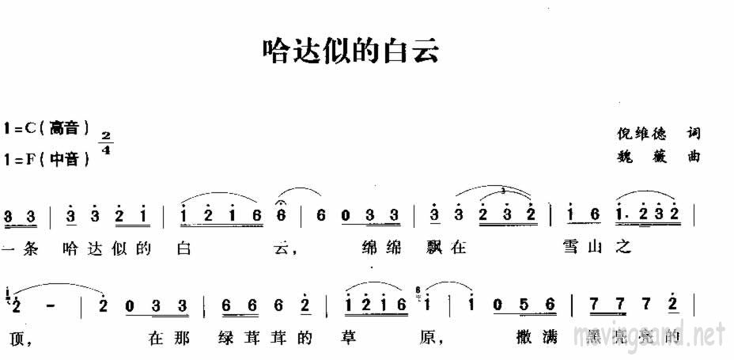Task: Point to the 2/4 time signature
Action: click(x=107, y=143)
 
